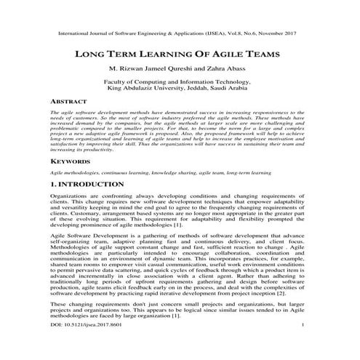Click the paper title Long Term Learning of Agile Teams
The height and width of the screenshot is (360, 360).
point(180,55)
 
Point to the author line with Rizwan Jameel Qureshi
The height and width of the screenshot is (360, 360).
point(180,70)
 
